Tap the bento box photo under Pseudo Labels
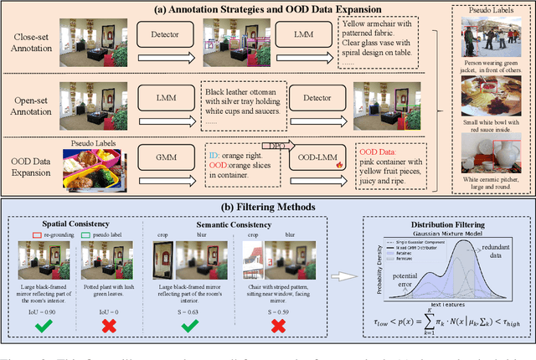pyautogui.click(x=90, y=167)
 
